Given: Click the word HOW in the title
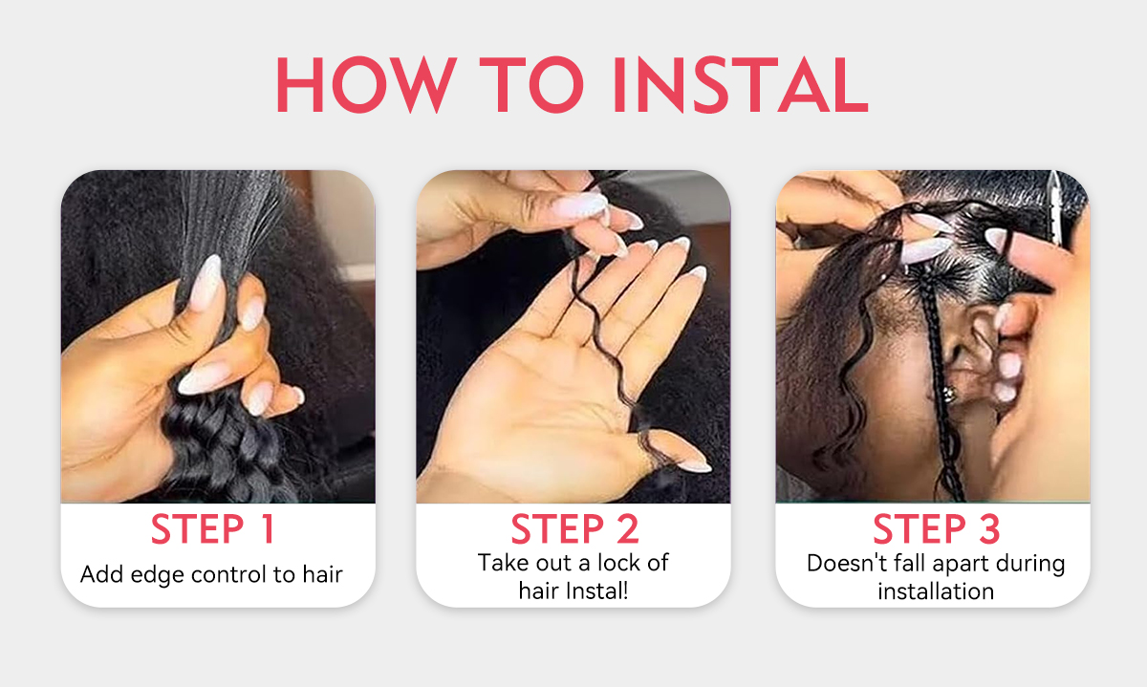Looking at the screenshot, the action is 367,84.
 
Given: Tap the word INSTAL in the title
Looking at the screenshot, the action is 741,84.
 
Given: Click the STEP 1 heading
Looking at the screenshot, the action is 213,528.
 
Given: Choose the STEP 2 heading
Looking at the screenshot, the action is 574,528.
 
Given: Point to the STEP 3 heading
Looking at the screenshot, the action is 936,528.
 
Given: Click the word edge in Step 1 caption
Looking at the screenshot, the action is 157,575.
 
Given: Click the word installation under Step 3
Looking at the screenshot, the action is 936,591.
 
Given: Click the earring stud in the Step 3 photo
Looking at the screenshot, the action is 949,394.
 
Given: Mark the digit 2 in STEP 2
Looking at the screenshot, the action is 628,528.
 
